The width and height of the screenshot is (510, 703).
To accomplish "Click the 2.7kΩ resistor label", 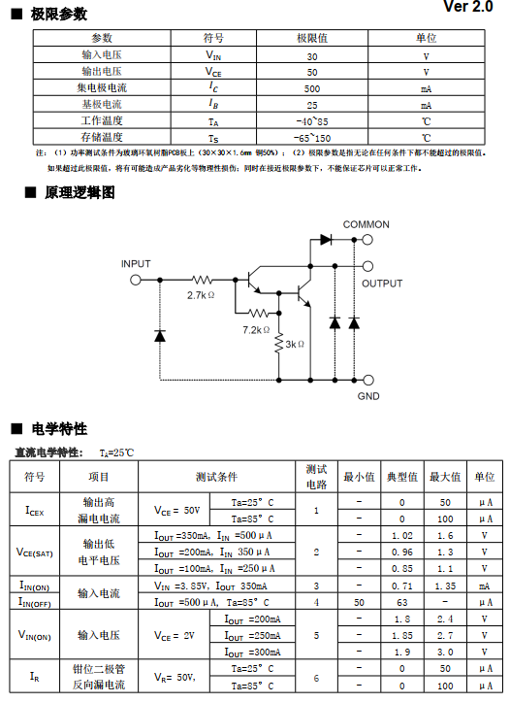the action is (x=201, y=295).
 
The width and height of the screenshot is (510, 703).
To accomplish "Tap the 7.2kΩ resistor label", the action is (x=256, y=330).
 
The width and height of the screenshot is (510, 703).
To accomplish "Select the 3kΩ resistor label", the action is (x=295, y=344).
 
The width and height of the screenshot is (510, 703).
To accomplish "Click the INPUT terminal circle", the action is (x=135, y=280).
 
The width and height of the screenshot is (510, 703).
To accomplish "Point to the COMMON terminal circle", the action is (x=367, y=240).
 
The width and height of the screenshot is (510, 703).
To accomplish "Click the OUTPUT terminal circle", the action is (x=367, y=266).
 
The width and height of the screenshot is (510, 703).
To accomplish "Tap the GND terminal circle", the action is (x=367, y=381).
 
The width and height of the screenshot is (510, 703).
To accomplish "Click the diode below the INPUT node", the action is (x=160, y=335).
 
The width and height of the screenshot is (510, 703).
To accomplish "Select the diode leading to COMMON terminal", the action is (x=326, y=240).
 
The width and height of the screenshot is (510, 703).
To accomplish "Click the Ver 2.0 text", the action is (x=468, y=7).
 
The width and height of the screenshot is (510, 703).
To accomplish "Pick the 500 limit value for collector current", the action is (x=312, y=88).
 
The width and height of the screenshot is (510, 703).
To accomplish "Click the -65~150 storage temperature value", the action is (x=312, y=138).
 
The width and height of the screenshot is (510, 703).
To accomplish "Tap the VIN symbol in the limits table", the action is (x=213, y=55).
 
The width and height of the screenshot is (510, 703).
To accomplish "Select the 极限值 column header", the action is (x=312, y=38).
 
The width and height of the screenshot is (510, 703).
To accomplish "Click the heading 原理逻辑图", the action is (x=80, y=193).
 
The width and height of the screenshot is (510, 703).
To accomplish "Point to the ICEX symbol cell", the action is (x=35, y=511).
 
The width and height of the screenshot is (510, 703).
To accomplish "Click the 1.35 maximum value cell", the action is (x=445, y=586).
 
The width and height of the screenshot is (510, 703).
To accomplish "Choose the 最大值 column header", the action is (x=445, y=477).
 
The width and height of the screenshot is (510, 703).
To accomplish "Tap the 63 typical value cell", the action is (x=401, y=602).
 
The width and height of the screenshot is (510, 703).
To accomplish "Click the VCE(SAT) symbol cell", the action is (x=35, y=552).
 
